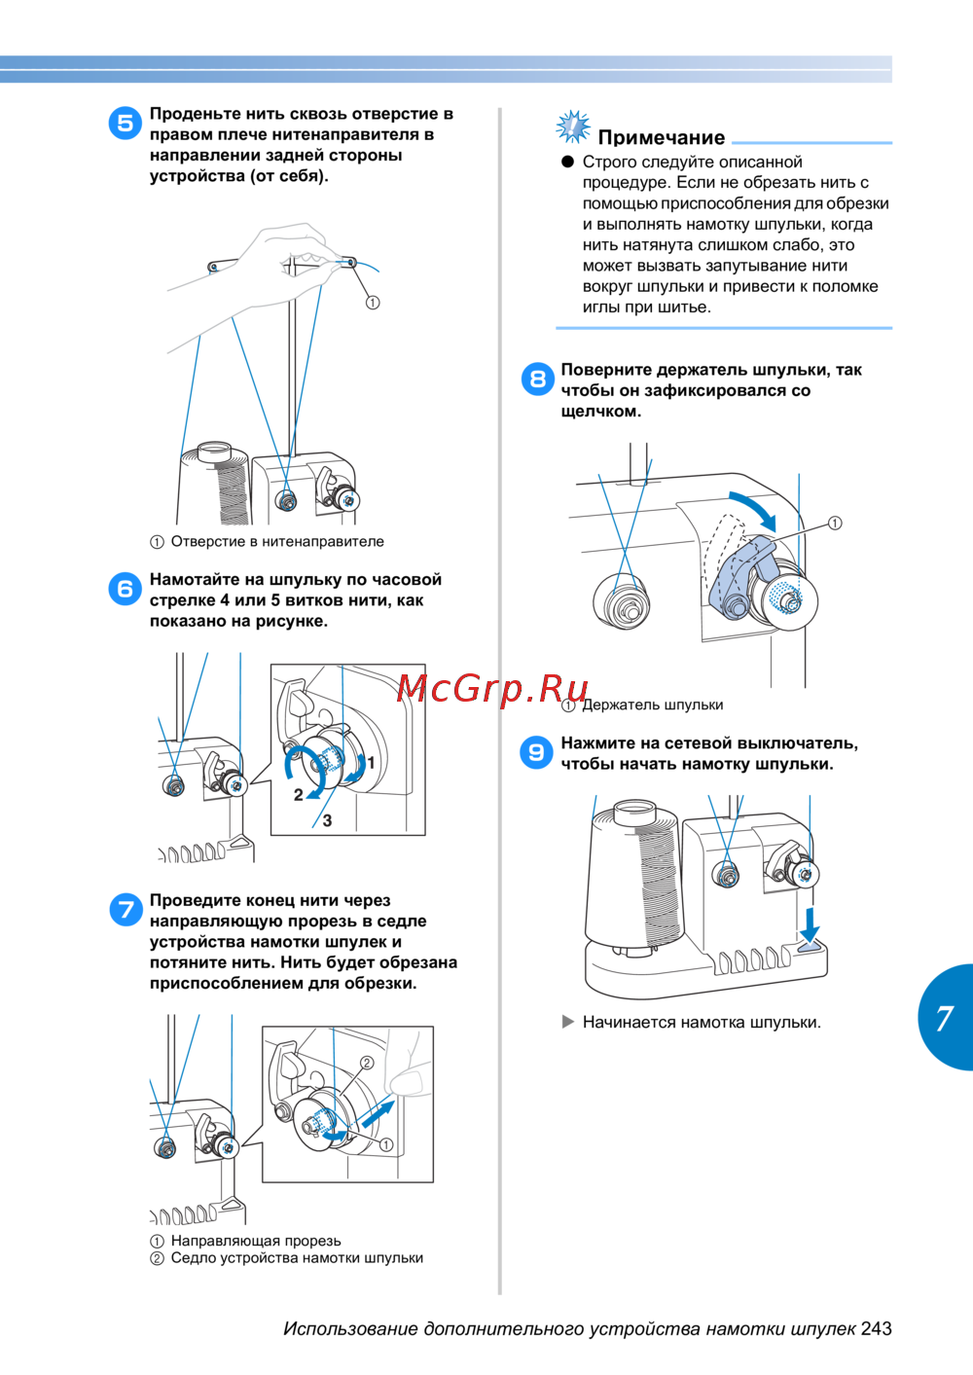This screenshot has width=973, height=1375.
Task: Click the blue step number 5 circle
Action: tap(125, 123)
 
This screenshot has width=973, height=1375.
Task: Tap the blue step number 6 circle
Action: tap(125, 588)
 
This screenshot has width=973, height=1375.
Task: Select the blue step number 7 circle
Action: tap(126, 909)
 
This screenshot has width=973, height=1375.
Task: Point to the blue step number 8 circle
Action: tap(537, 379)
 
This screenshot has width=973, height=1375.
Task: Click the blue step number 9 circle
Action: tap(536, 752)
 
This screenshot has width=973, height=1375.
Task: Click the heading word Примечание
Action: tap(661, 137)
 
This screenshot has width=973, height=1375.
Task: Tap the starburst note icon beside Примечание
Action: tap(572, 127)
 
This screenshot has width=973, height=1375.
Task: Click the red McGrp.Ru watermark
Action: tap(492, 688)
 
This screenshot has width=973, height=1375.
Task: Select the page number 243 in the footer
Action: tap(876, 1328)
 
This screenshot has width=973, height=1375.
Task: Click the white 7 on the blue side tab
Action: tap(944, 1018)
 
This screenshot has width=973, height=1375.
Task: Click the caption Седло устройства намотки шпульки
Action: tap(297, 1257)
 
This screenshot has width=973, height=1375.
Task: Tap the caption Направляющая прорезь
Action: tap(256, 1240)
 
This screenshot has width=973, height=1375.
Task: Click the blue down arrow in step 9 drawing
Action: tap(810, 923)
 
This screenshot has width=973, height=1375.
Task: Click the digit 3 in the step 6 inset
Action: tap(327, 820)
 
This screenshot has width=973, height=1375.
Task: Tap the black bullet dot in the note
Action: tap(568, 162)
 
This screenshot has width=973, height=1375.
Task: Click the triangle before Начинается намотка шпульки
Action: tap(568, 1021)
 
